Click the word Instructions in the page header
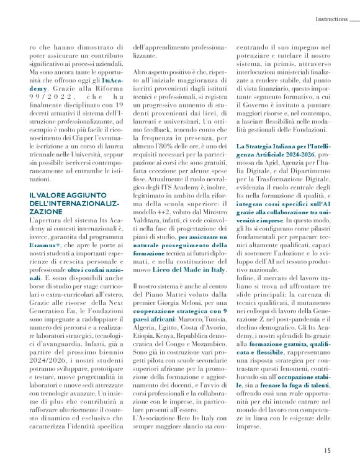click(331, 19)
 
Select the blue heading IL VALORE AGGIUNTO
click(63, 195)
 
